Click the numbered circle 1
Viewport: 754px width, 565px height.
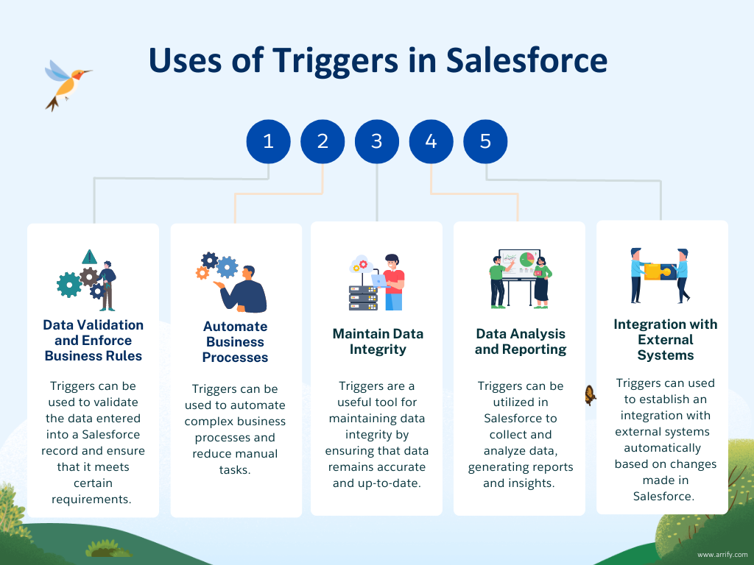268,141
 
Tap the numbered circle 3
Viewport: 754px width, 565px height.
377,141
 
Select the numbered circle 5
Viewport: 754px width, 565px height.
485,141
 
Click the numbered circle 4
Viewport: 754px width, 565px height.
431,141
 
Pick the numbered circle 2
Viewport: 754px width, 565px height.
323,141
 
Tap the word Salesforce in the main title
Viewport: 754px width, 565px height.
526,60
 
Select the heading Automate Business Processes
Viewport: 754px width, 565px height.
236,342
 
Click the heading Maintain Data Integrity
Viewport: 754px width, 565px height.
378,341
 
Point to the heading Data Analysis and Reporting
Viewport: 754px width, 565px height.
521,342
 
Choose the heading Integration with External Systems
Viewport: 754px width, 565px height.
665,340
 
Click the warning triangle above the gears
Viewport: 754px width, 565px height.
89,257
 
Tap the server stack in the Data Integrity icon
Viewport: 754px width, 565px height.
362,294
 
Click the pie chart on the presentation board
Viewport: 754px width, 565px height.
526,260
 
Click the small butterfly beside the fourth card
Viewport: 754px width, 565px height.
590,394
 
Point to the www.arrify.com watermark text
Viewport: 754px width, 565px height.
722,555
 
